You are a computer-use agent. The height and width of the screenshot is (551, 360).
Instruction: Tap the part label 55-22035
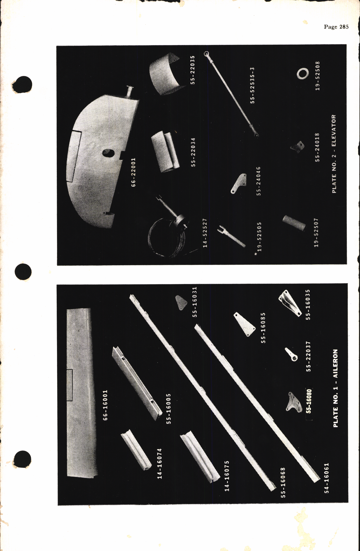click(x=193, y=70)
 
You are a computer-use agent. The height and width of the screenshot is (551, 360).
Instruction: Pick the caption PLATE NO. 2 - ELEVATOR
click(x=334, y=154)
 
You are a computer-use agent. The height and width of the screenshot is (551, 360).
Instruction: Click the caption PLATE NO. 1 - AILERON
click(x=335, y=388)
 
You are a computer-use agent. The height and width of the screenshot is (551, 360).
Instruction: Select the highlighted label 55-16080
click(x=309, y=401)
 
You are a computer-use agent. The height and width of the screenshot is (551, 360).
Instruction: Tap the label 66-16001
click(x=105, y=405)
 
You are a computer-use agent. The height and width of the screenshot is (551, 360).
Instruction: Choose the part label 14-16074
click(x=160, y=464)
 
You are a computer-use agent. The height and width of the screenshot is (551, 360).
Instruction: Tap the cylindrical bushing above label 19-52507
click(x=294, y=223)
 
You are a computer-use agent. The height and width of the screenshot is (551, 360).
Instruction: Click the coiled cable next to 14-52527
click(x=162, y=240)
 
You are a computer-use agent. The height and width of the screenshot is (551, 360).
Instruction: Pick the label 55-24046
click(x=258, y=181)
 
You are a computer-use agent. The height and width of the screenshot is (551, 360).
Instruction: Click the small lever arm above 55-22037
click(x=292, y=354)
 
